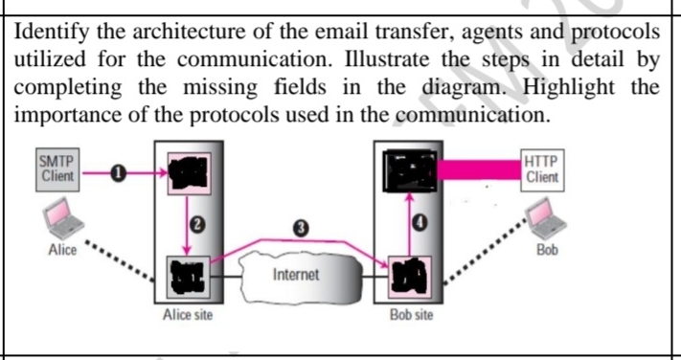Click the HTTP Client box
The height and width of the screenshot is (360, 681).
tap(543, 170)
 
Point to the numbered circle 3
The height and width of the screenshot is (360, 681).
tap(302, 228)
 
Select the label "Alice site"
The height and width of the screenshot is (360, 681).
tap(186, 315)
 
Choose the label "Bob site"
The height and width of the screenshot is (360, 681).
tap(411, 315)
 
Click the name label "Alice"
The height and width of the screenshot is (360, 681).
tap(61, 251)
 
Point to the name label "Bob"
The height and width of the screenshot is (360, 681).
tap(547, 251)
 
